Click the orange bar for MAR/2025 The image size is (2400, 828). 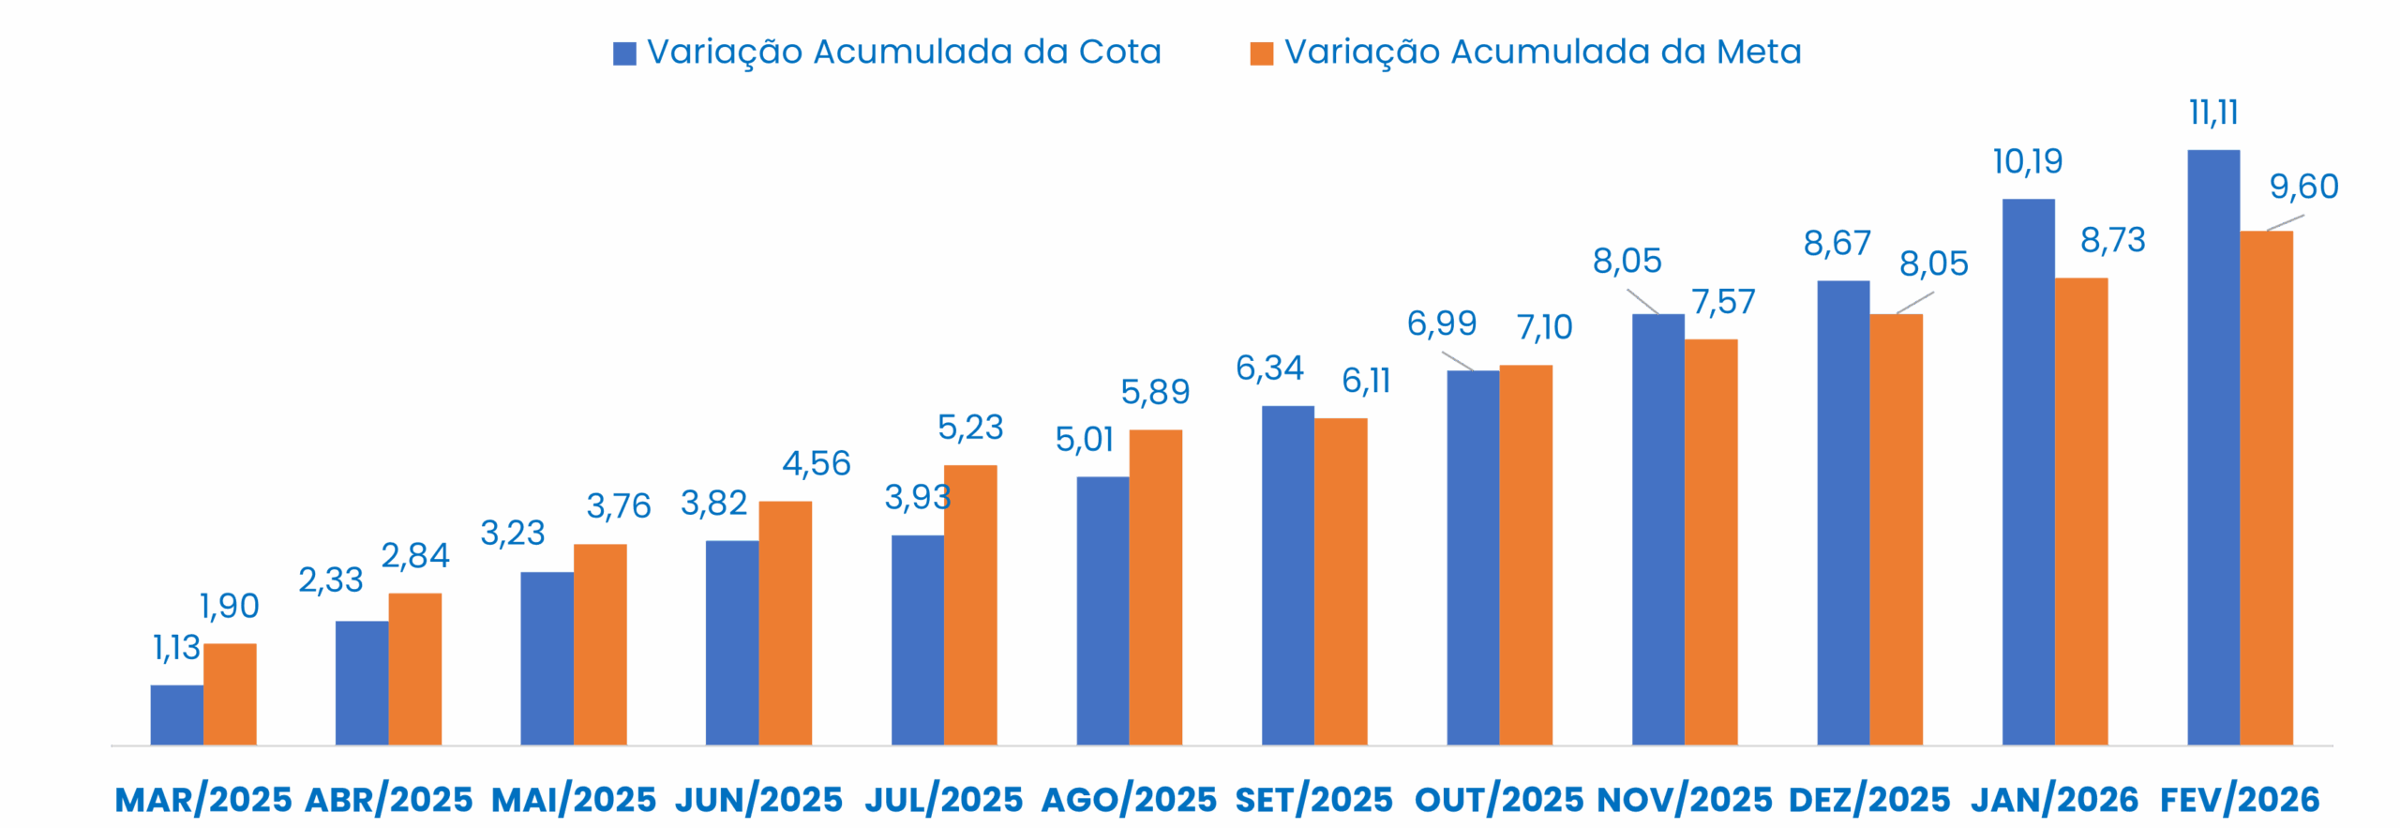point(230,694)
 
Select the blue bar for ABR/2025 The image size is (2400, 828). point(362,683)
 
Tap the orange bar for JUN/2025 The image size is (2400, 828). point(786,623)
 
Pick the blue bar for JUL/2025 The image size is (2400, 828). point(917,640)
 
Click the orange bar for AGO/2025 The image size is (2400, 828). point(1156,587)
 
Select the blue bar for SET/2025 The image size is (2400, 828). point(1287,576)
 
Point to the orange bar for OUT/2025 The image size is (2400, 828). point(1526,555)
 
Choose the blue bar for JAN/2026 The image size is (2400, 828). point(2028,472)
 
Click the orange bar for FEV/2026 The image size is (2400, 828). point(2267,488)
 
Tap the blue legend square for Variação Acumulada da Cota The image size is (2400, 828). point(624,53)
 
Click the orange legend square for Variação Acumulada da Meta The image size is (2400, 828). point(1262,53)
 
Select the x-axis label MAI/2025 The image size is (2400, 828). point(574,799)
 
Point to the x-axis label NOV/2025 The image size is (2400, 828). point(1685,799)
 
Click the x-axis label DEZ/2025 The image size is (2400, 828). point(1869,799)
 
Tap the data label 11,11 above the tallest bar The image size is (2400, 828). point(2214,113)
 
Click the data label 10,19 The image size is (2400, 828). point(2028,162)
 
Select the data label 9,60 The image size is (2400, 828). point(2304,188)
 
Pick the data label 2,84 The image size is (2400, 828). point(415,554)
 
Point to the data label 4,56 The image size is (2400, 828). point(817,462)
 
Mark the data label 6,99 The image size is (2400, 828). point(1442,324)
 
